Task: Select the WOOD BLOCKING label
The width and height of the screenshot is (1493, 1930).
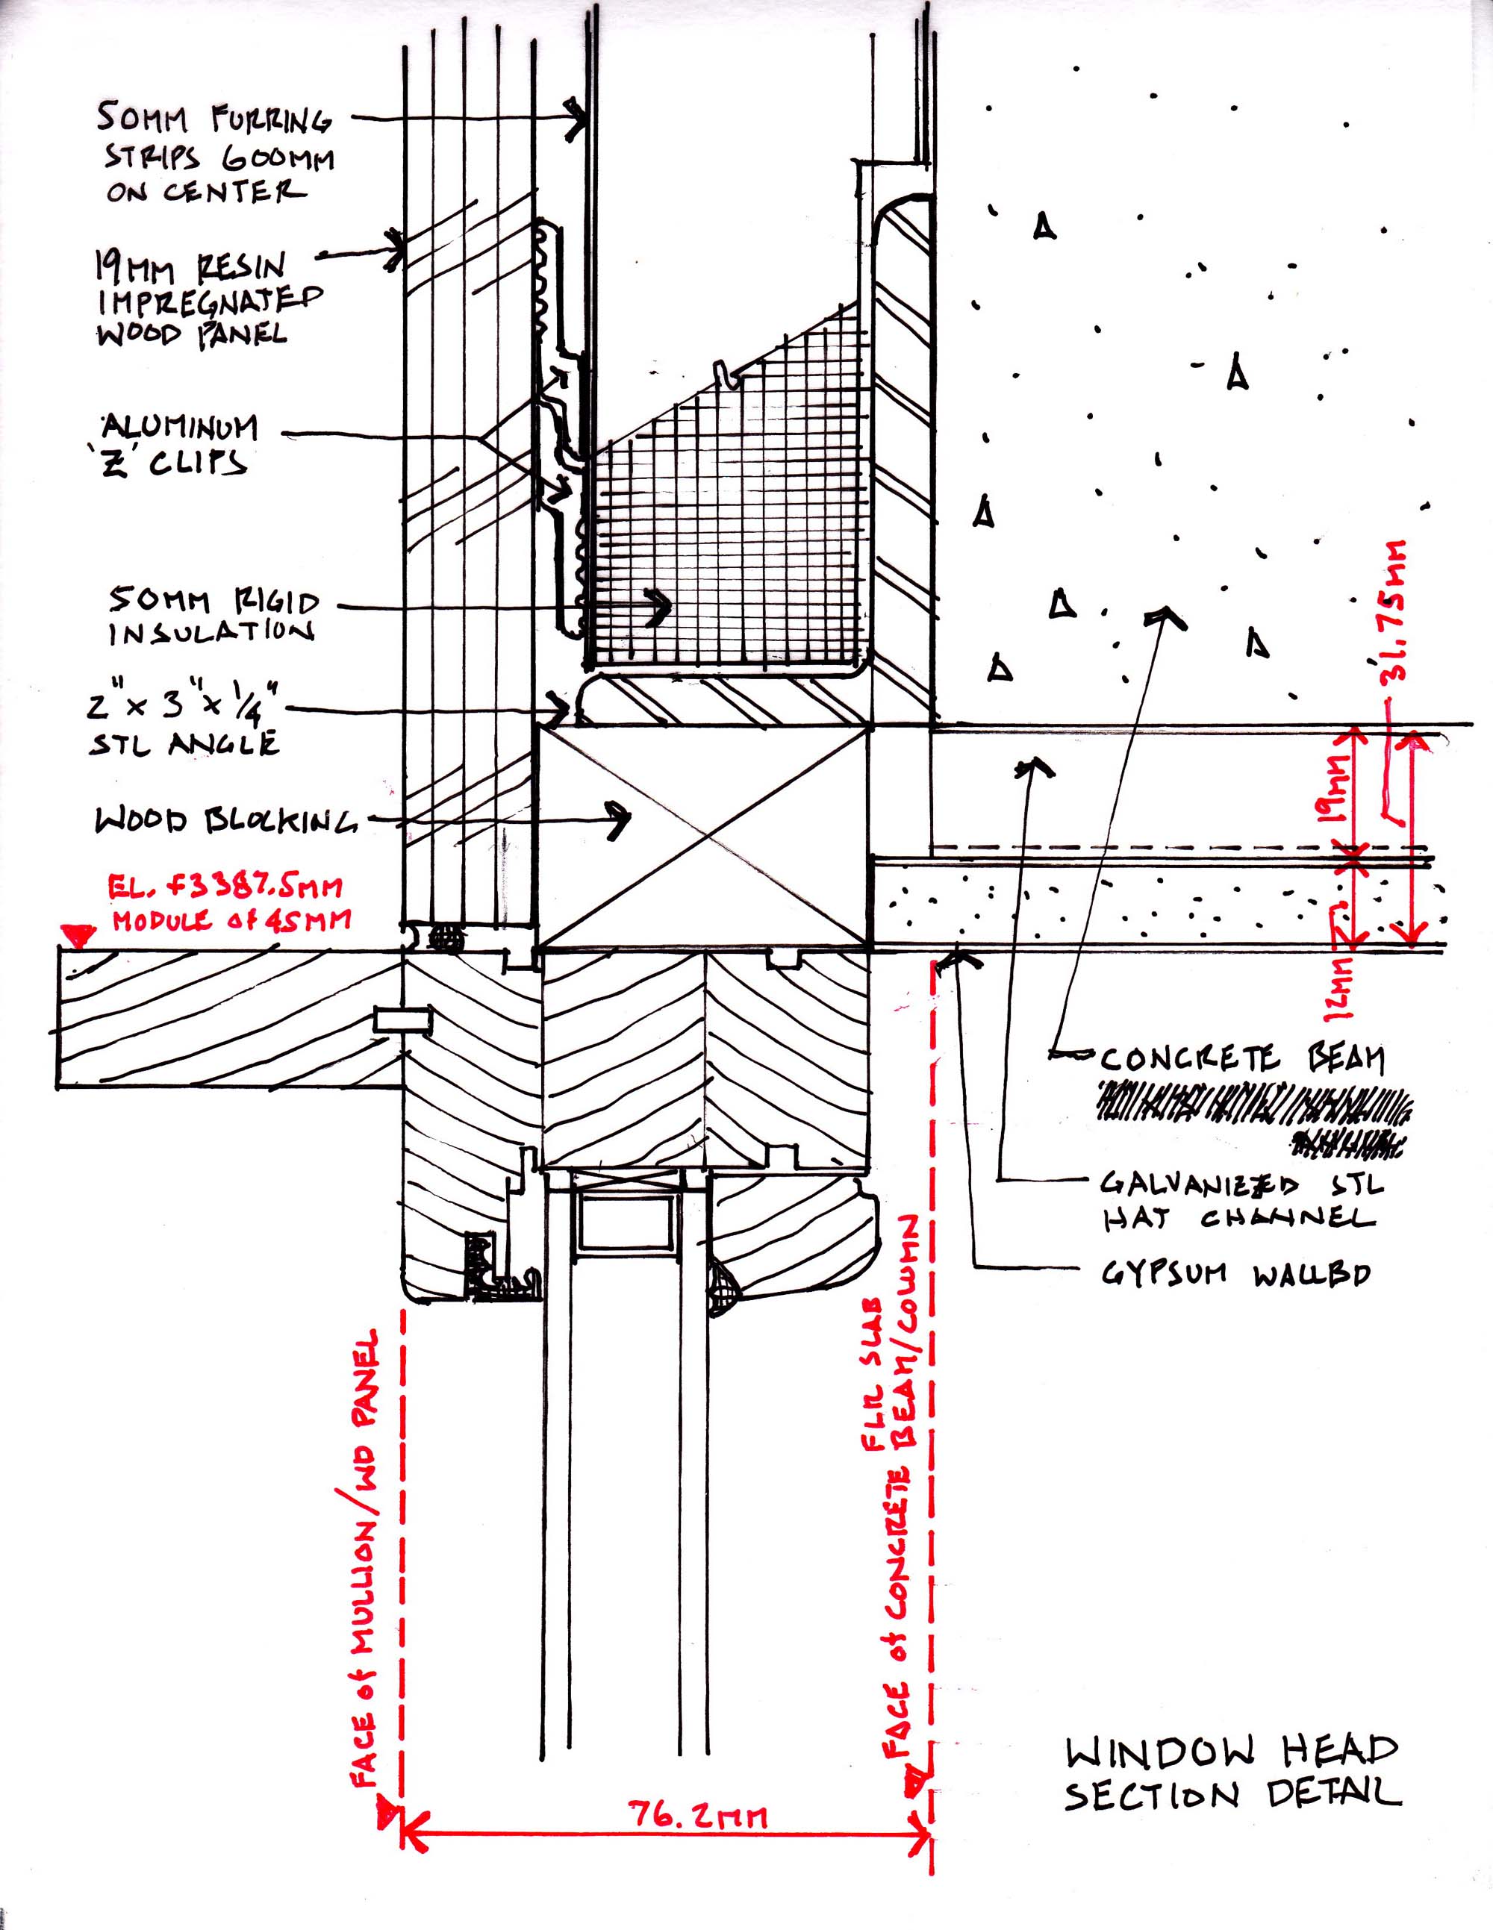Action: [225, 821]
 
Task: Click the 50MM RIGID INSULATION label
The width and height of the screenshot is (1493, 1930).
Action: [213, 616]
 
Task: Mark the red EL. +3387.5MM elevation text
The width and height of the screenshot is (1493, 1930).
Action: [225, 901]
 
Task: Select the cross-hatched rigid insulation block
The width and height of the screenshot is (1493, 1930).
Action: [725, 530]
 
